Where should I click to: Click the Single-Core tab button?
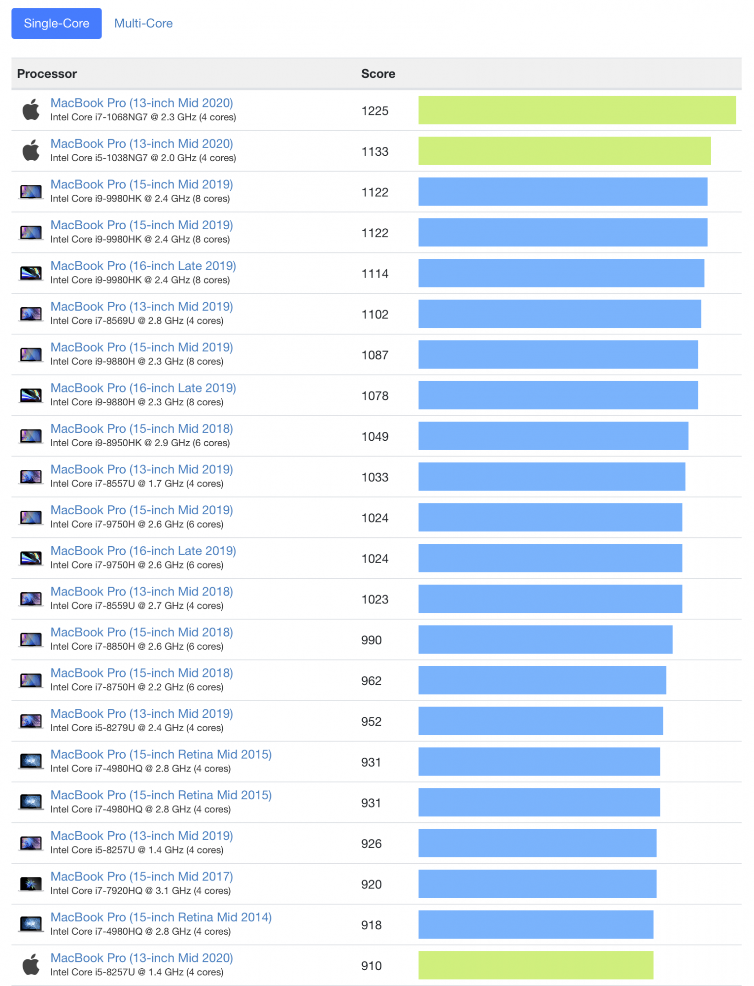(x=57, y=23)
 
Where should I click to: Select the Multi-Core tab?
(x=143, y=23)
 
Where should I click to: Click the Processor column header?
(x=47, y=73)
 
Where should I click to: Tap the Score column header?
(x=378, y=73)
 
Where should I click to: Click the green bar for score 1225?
(x=577, y=110)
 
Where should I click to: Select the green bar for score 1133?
(x=564, y=151)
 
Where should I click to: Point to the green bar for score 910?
(x=536, y=965)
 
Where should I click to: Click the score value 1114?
(x=375, y=274)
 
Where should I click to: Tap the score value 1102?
(x=375, y=315)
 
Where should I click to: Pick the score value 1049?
(x=375, y=437)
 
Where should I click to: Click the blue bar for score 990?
(x=545, y=639)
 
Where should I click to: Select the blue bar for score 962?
(x=542, y=680)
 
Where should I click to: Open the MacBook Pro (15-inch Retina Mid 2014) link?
(x=161, y=917)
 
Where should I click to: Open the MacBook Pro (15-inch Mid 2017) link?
(x=141, y=877)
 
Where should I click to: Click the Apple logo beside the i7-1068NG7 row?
(x=31, y=109)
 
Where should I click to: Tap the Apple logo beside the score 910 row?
(x=31, y=965)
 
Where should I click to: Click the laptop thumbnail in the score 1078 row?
(x=31, y=395)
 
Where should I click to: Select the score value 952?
(x=371, y=722)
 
